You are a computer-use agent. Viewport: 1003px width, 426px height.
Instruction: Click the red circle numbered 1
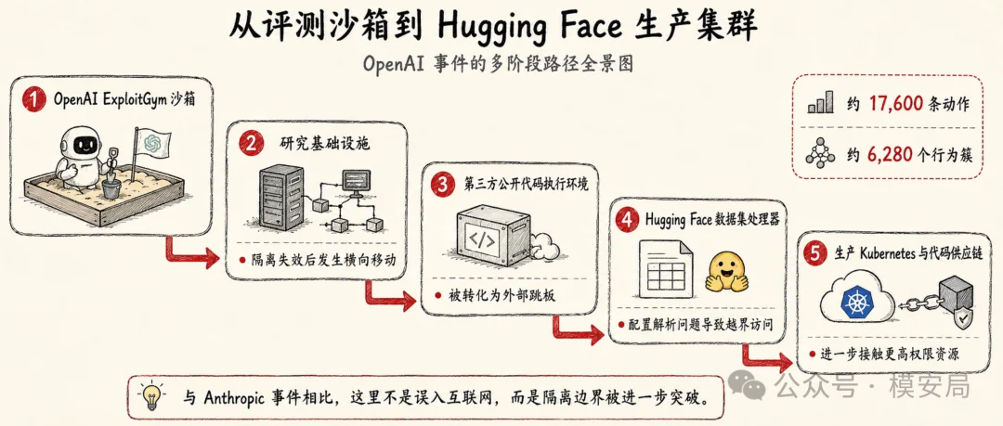point(34,100)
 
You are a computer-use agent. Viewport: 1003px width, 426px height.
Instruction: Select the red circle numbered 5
point(814,254)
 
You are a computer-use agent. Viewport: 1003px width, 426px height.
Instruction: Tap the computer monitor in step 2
point(357,180)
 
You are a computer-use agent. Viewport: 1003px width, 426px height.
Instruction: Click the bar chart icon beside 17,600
point(820,102)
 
